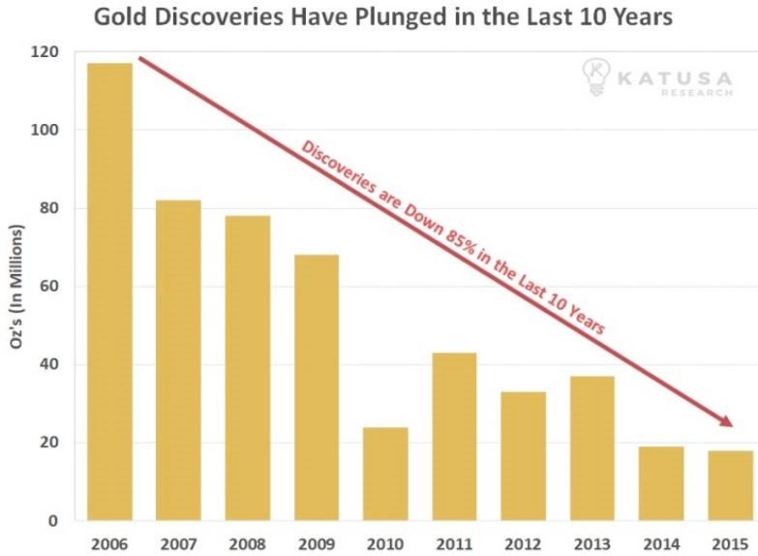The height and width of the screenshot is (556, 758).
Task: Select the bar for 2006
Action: (x=109, y=292)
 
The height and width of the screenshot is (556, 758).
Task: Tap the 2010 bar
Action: (x=384, y=474)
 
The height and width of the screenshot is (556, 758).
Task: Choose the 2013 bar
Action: (x=591, y=448)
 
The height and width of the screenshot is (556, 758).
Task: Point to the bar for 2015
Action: (x=729, y=485)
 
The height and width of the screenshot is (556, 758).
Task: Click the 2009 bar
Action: (x=316, y=387)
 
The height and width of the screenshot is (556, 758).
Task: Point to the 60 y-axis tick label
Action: (x=48, y=287)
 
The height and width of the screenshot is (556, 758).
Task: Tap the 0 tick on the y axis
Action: (x=53, y=521)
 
